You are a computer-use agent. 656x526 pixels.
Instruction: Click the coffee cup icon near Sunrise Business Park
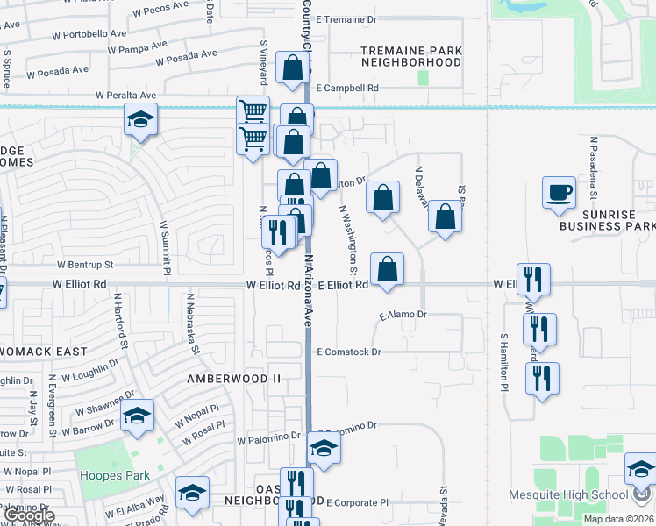click(x=559, y=192)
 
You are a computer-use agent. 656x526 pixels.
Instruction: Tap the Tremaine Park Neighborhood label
click(x=411, y=56)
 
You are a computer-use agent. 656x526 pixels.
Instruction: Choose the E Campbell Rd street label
click(x=347, y=89)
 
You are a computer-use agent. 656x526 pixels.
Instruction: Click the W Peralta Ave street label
click(x=126, y=95)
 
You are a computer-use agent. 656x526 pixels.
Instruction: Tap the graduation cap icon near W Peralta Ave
click(x=139, y=119)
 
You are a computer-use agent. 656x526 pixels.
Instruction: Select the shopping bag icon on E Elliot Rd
click(x=387, y=270)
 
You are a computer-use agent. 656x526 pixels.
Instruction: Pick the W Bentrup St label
click(x=85, y=264)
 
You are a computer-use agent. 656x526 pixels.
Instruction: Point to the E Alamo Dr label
click(x=403, y=314)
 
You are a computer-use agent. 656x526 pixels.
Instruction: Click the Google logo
click(x=28, y=515)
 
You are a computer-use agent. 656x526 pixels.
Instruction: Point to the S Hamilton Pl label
click(x=505, y=361)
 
